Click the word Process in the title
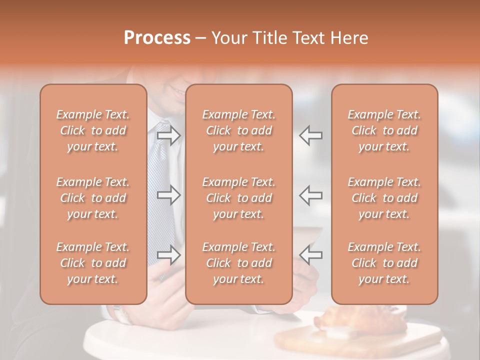[157, 38]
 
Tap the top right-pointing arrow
[169, 135]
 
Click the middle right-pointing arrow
[169, 195]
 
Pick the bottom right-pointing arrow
[169, 254]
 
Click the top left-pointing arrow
[311, 135]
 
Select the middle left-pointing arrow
[311, 195]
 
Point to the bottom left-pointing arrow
[311, 254]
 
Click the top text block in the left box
[93, 130]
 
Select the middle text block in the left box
[93, 198]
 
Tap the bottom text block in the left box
[93, 263]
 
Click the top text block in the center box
[239, 130]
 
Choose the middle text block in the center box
[239, 198]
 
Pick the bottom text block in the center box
[239, 263]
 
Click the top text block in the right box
[384, 130]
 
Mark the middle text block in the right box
[384, 198]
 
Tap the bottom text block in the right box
[384, 263]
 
